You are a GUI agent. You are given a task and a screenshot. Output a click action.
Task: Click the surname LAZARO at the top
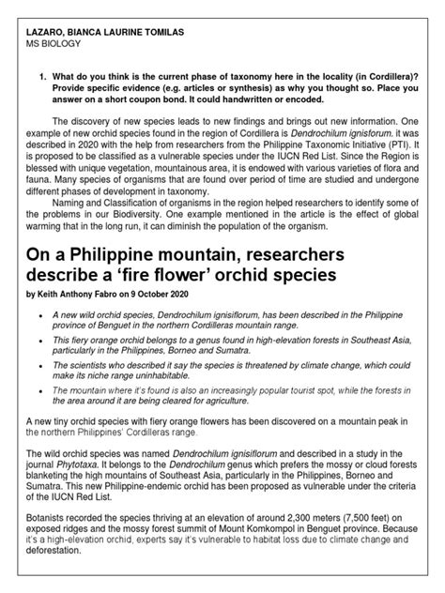49,32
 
